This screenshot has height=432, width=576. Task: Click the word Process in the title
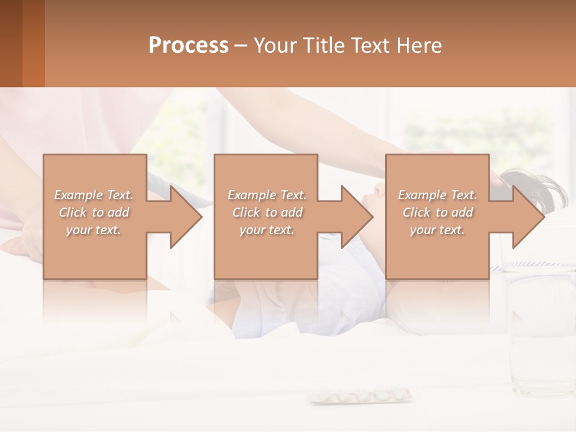(x=188, y=46)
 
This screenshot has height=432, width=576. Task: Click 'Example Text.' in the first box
(x=94, y=195)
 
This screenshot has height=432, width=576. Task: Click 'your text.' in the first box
(x=94, y=230)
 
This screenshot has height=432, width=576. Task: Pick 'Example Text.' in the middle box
(x=267, y=195)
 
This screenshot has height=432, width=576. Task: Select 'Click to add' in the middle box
(x=267, y=212)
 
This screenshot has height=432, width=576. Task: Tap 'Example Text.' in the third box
(x=437, y=195)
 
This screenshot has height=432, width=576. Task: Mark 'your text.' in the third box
(x=437, y=230)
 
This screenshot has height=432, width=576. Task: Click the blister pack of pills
(x=361, y=395)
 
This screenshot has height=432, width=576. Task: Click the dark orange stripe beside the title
(x=33, y=43)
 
